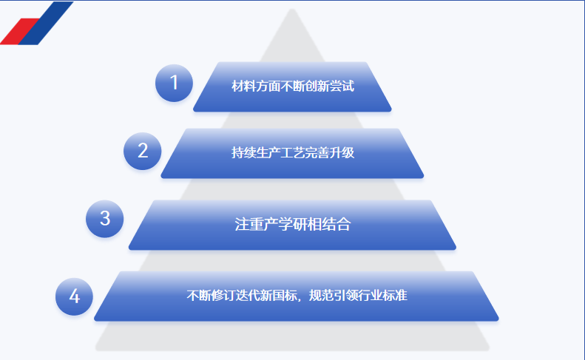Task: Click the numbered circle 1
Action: click(x=174, y=83)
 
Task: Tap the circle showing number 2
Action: click(x=143, y=151)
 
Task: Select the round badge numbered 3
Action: click(x=105, y=219)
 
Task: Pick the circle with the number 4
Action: click(x=74, y=296)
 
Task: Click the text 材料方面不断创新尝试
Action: click(x=293, y=86)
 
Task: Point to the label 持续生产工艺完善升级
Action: click(x=293, y=152)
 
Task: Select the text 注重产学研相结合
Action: click(x=293, y=224)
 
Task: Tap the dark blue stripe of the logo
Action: click(x=46, y=23)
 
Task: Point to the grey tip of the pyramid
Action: click(x=292, y=12)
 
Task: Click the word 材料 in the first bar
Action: click(x=243, y=86)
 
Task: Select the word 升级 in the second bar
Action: click(x=342, y=152)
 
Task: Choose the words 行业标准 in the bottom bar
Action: click(x=383, y=296)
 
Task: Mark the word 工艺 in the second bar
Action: click(x=293, y=152)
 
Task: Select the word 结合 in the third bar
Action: click(x=337, y=224)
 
